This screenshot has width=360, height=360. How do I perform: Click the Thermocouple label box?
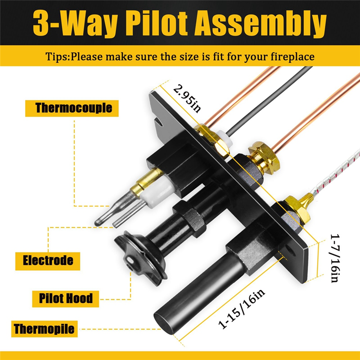(74, 108)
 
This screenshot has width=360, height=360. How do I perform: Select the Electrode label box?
(48, 261)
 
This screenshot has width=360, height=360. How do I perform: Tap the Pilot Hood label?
(66, 298)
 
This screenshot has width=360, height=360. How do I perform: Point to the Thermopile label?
(44, 328)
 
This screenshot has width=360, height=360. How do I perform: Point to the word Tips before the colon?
(57, 57)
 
